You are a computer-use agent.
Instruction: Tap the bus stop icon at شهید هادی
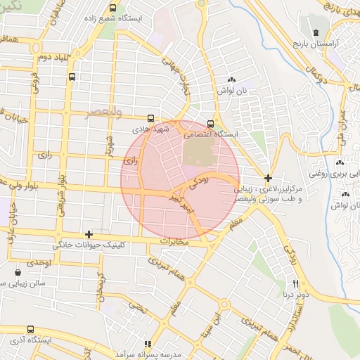click(152, 119)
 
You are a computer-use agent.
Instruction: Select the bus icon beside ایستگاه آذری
click(30, 329)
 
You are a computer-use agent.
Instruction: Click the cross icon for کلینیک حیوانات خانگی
click(89, 234)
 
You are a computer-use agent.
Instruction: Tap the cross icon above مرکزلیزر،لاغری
click(269, 179)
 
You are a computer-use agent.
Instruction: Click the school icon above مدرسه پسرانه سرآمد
click(148, 344)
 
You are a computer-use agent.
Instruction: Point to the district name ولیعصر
click(103, 112)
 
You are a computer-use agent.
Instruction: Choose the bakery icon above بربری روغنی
click(341, 161)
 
